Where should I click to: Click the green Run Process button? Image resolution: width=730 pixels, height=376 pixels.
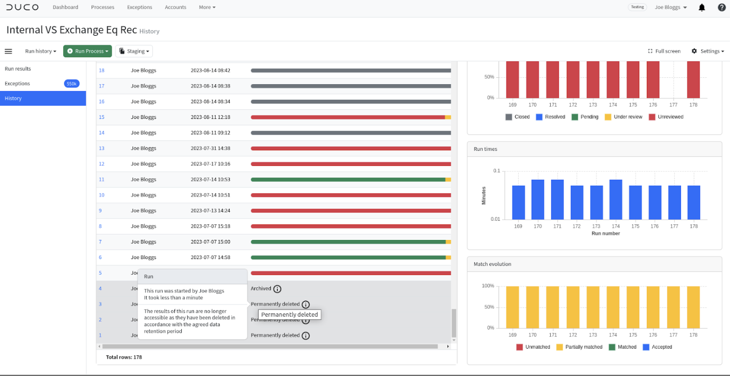point(87,51)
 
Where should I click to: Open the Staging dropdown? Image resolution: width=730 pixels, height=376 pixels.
point(134,51)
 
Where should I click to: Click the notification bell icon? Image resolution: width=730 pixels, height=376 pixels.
point(702,7)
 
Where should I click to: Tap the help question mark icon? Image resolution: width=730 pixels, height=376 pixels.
point(722,7)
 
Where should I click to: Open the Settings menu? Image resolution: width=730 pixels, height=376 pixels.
point(708,51)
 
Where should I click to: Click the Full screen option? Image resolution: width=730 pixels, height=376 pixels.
point(664,51)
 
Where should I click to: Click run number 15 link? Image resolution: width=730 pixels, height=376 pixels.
point(102,117)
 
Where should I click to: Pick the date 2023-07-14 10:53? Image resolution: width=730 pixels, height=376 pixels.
point(210,179)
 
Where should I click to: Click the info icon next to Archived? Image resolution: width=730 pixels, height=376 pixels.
point(277,289)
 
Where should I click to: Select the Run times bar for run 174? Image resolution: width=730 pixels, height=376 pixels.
point(616,200)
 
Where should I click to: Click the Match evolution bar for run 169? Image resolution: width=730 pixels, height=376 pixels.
point(512,307)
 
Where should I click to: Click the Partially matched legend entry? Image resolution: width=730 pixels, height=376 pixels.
point(579,347)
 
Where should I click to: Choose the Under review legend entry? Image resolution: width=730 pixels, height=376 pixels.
point(623,117)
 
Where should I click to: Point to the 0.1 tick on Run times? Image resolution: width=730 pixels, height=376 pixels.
point(497,170)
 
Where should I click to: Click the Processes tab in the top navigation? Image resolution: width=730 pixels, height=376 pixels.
point(103,7)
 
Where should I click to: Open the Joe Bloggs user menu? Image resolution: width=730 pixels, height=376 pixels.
point(671,7)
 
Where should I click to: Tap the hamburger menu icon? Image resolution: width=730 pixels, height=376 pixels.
point(8,51)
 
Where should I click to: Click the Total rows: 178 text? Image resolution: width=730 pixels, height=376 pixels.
point(124,357)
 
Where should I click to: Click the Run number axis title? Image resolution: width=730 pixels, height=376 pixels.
point(606,234)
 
